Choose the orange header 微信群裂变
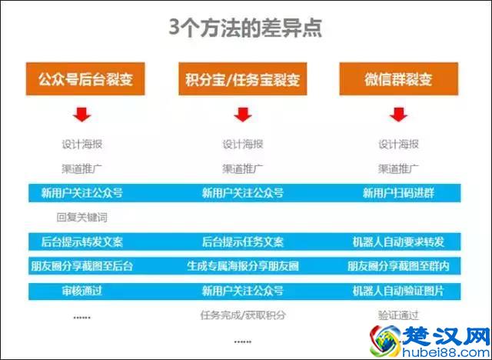(398, 78)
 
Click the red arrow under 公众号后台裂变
(82, 115)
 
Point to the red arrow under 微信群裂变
(398, 115)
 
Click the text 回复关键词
(82, 217)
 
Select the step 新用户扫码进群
(398, 192)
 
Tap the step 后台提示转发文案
(82, 242)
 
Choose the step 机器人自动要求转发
(398, 242)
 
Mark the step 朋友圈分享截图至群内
(398, 266)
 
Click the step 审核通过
(82, 291)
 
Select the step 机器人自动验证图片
(398, 291)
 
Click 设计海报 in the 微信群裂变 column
(398, 144)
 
